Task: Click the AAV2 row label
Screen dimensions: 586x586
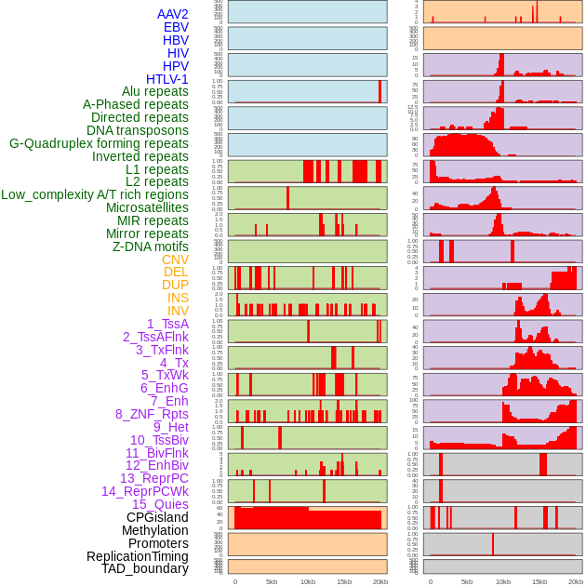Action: pos(172,14)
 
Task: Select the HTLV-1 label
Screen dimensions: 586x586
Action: pos(166,79)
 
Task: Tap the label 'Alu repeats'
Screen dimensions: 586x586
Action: pos(154,91)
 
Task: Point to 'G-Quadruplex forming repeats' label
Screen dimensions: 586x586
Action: pos(99,143)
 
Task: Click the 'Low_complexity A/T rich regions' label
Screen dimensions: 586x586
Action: pos(95,194)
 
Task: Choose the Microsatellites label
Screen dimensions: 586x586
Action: pos(147,207)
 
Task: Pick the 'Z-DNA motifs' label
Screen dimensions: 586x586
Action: pos(150,246)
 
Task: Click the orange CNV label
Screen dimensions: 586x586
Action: pos(175,259)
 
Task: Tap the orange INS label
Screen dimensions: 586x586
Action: pos(178,298)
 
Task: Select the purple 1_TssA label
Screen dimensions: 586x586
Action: pos(167,324)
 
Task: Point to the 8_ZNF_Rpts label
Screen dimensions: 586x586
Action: pos(152,414)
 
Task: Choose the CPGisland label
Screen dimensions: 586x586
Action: pos(157,517)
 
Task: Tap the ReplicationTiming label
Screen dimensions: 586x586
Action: pos(137,556)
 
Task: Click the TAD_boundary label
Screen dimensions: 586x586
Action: pos(144,568)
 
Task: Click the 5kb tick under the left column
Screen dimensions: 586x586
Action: pos(272,581)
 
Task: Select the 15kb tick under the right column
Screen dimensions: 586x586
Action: pos(539,581)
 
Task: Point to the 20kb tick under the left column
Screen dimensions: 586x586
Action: pos(380,581)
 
